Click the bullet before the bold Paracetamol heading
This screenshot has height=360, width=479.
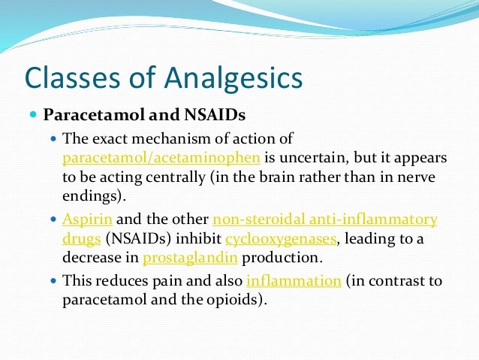[33, 116]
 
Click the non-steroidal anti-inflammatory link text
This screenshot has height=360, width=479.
[325, 219]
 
